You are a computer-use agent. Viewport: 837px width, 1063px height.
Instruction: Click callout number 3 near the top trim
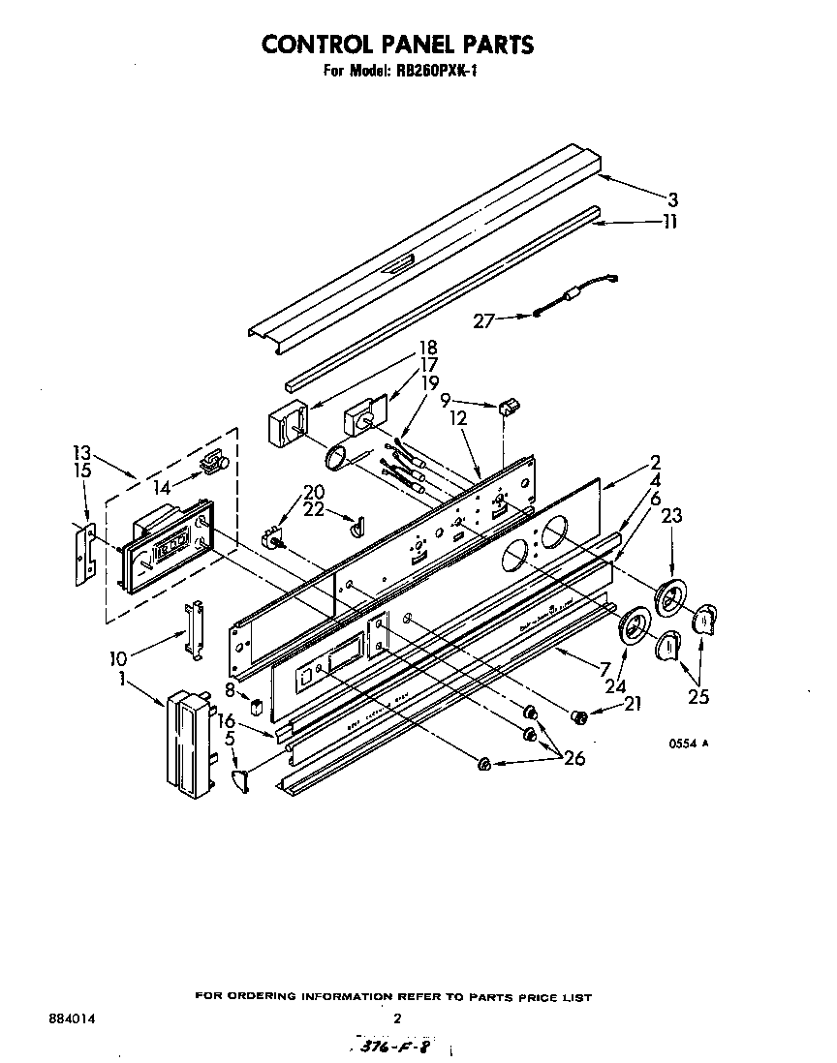[672, 200]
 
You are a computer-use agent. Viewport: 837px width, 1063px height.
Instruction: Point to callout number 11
[669, 222]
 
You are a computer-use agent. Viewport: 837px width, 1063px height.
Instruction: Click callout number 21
[633, 705]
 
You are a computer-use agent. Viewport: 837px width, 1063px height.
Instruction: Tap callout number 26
[573, 759]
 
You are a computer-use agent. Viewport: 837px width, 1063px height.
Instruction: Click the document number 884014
[71, 1019]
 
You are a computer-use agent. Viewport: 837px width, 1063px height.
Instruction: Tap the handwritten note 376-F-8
[391, 1048]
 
